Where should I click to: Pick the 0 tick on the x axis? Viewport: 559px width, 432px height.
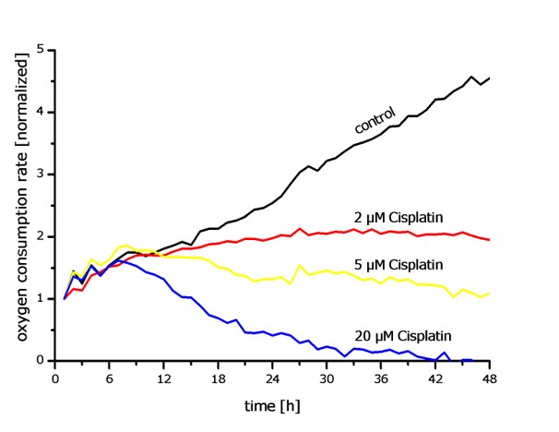click(55, 377)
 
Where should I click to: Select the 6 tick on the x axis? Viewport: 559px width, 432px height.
click(110, 377)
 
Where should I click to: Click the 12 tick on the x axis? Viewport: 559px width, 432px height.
click(164, 377)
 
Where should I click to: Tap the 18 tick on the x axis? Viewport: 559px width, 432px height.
click(219, 377)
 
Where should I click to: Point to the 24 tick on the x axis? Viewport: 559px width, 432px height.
click(273, 377)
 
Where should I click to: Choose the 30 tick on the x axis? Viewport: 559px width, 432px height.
click(327, 377)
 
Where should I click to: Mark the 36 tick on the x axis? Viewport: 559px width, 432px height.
click(381, 377)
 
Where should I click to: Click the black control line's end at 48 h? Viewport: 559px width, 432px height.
click(489, 78)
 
